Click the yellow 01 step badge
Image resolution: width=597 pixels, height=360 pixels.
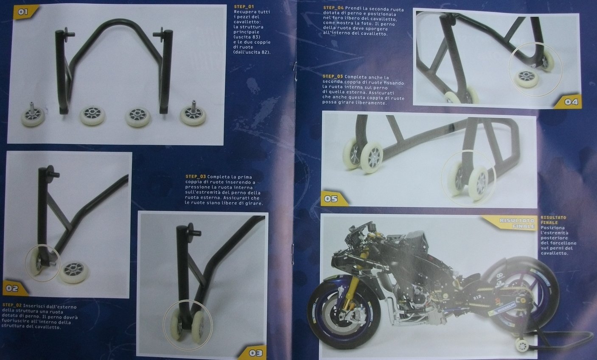click(26, 12)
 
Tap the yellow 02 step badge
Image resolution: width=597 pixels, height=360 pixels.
click(15, 288)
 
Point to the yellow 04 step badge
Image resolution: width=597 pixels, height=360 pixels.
click(568, 101)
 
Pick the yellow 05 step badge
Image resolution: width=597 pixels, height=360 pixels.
click(334, 198)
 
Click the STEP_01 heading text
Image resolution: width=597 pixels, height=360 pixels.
click(244, 7)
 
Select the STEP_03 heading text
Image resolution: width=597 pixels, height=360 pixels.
click(196, 176)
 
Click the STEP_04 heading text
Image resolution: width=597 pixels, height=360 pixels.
click(334, 8)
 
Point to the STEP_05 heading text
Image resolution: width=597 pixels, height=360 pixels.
click(333, 76)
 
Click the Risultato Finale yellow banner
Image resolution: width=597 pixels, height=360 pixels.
click(510, 223)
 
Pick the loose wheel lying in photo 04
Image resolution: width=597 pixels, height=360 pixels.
click(526, 78)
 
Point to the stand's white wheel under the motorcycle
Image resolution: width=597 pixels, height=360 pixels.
click(521, 345)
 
